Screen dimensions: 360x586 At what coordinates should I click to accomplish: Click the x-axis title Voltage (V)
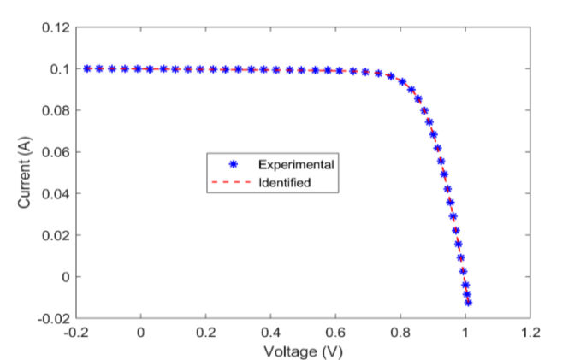pos(303,351)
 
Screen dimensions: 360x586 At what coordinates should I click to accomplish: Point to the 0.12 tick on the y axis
pos(56,27)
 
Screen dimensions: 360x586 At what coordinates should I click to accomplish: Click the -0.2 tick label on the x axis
pos(75,331)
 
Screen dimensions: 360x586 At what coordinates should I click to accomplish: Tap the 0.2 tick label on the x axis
pos(206,331)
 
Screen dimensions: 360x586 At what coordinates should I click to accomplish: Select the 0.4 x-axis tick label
pos(271,331)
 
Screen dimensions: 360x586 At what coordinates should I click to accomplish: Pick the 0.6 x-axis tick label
pos(336,331)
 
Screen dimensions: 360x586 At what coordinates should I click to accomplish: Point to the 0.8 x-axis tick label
pos(401,331)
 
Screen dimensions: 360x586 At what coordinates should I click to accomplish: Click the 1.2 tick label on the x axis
pos(531,331)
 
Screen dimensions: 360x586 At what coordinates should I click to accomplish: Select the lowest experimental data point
pos(468,302)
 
